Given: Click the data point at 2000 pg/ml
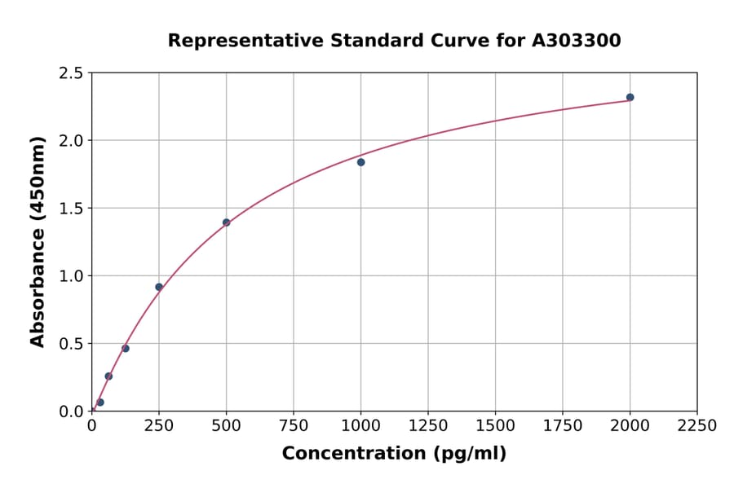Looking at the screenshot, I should (630, 97).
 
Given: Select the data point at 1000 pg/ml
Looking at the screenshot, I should (360, 162).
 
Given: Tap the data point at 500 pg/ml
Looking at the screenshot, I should (226, 222).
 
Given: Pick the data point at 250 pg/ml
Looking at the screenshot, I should (159, 287).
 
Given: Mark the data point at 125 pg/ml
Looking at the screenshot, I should (126, 349).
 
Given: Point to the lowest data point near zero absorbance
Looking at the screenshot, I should (100, 403).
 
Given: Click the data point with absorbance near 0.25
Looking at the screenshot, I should (108, 376).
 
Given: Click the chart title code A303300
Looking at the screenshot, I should (577, 41).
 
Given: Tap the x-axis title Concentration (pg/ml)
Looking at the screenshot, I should (394, 454).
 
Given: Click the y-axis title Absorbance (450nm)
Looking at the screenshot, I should (38, 241).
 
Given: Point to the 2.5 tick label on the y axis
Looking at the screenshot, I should (70, 73).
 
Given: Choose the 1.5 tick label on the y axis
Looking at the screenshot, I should (70, 209).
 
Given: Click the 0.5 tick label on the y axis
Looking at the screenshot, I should (70, 344).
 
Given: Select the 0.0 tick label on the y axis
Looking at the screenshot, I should (70, 411).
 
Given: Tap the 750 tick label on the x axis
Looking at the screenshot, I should (294, 426).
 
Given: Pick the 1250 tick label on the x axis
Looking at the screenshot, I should (428, 426).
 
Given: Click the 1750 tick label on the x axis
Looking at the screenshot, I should (563, 426).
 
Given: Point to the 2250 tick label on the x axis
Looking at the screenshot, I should (696, 426).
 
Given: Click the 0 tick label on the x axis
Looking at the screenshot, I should (91, 426).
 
